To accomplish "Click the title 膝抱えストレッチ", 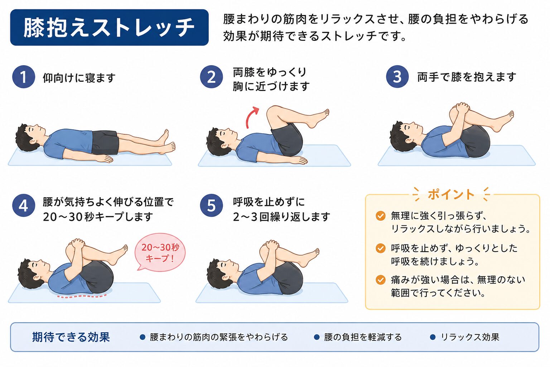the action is point(109,28).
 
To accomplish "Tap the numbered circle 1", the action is point(24,77).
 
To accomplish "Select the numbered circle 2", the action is point(211,77).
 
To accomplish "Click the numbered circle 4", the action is point(24,205).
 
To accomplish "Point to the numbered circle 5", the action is point(211,205).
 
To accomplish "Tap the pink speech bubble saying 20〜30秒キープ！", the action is point(160,252).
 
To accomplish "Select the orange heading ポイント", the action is point(451,195).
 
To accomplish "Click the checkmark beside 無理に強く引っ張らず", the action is point(381,216).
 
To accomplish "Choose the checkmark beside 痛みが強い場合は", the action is point(381,280).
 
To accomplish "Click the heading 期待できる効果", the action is point(71,337).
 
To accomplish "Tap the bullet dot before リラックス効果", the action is point(433,337).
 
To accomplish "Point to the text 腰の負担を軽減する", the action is point(363,337).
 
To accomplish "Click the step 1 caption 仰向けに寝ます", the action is point(79,78).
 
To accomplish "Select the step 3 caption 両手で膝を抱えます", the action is point(467,77).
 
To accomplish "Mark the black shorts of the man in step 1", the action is point(105,143).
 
